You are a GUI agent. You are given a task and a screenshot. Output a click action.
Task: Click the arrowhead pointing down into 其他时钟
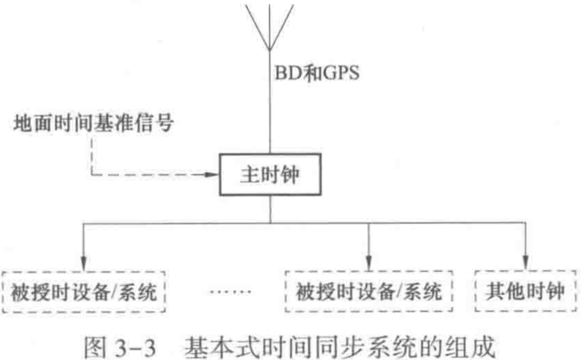coord(525,262)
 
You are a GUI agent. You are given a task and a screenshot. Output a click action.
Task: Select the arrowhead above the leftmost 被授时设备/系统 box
coord(84,262)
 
